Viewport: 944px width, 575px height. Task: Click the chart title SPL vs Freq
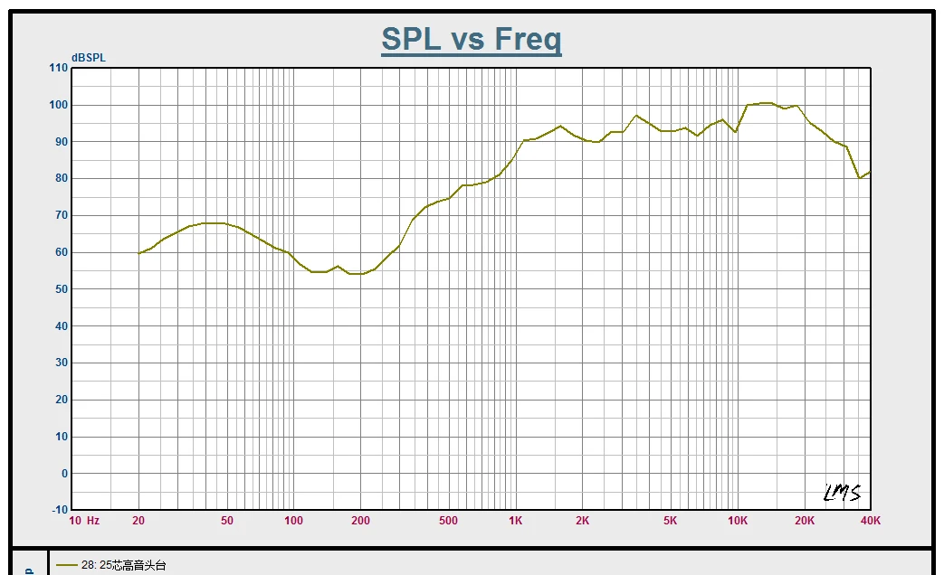coord(471,40)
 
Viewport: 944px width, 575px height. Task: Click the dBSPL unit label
coord(89,58)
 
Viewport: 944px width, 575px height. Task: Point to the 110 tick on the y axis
coord(58,68)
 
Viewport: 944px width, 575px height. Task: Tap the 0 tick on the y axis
coord(63,474)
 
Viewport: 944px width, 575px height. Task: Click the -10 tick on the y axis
coord(57,510)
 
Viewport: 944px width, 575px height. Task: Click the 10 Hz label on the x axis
coord(84,521)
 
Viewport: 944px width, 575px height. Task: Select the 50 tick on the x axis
coord(226,521)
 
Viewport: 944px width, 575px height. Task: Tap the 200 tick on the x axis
coord(360,521)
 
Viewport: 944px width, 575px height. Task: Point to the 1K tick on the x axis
coord(515,521)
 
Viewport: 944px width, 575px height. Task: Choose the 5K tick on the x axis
coord(671,521)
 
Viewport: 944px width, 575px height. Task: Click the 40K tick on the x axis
coord(870,521)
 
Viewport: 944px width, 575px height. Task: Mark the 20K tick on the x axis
coord(804,521)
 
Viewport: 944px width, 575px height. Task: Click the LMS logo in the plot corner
coord(842,493)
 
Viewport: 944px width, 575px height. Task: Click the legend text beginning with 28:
coord(124,566)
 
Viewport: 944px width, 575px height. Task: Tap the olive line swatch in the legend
coord(66,566)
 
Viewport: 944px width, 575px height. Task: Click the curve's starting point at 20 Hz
coord(138,253)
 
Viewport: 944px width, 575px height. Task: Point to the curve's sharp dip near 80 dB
coord(860,178)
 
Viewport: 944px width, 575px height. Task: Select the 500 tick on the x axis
coord(448,521)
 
